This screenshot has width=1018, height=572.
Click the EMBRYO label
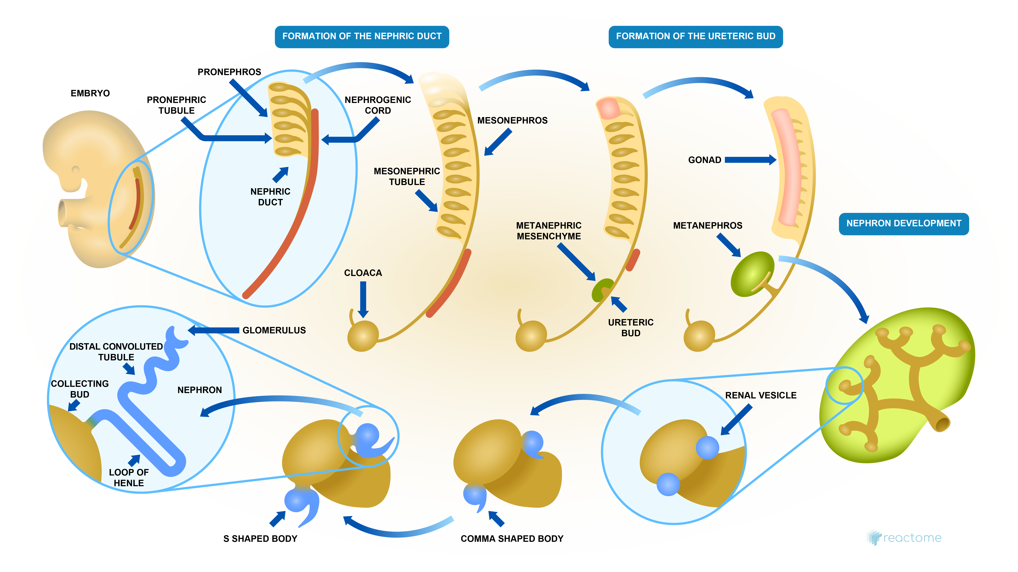90,93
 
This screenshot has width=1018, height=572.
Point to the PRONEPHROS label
229,72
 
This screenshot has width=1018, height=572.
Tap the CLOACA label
363,273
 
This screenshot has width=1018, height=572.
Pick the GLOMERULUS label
274,330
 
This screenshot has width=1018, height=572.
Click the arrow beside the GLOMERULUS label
213,330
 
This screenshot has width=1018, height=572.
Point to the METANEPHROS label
707,226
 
